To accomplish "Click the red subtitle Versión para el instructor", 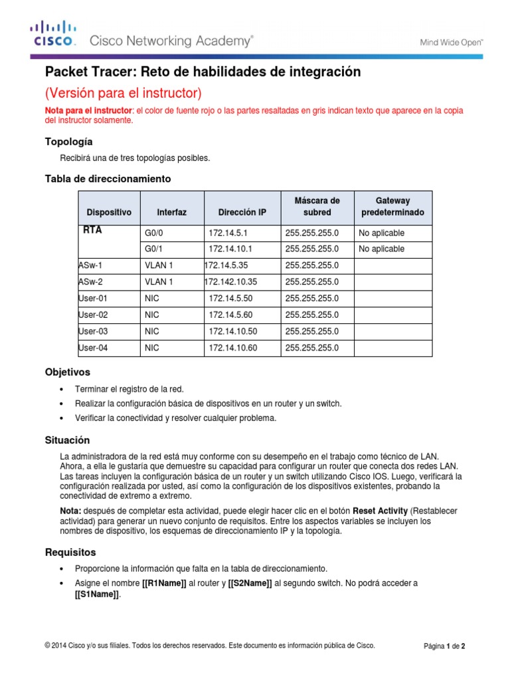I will [x=123, y=92].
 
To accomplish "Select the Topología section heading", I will [x=68, y=142].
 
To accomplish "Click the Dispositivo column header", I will [x=109, y=212].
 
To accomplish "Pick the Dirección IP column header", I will [x=242, y=212].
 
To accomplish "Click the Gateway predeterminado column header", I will [x=392, y=206].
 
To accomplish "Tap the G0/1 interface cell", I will [x=153, y=249].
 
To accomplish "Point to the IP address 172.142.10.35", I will [x=230, y=282].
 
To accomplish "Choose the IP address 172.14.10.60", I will [x=232, y=347].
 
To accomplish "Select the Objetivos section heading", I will [x=67, y=372].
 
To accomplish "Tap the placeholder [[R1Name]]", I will [x=164, y=583].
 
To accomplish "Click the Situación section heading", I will [x=66, y=441].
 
